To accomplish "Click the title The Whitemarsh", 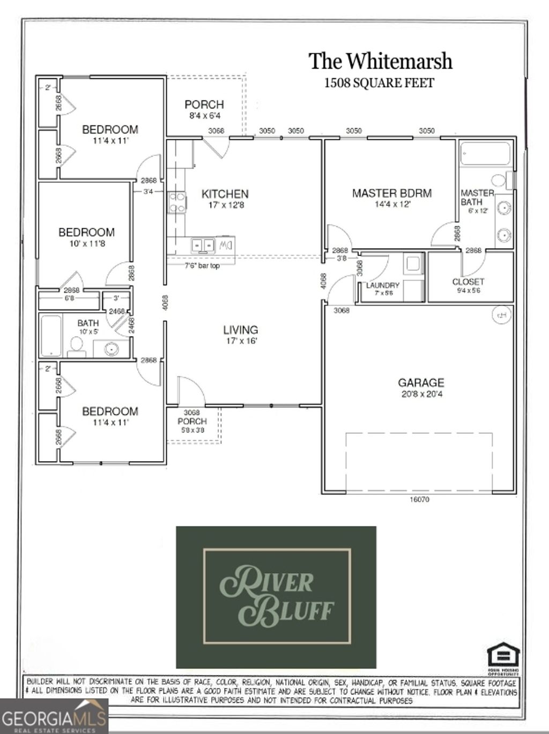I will tap(380, 61).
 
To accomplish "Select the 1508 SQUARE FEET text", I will tap(379, 83).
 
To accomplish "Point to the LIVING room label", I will tap(241, 330).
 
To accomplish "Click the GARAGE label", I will tap(421, 383).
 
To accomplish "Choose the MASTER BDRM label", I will tap(391, 193).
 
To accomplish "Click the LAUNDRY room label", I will tap(382, 286).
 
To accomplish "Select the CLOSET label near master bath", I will tap(468, 281).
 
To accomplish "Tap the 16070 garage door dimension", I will tap(419, 500).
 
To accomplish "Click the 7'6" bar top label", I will tap(202, 265).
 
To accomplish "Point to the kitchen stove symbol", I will tap(176, 203).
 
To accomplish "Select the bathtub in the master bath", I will tap(485, 153).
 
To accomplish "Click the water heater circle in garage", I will tap(502, 315).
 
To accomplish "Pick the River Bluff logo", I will tap(276, 597).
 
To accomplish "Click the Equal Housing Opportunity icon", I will tap(503, 658).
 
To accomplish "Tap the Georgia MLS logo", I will tap(54, 716).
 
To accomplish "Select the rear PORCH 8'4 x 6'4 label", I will tap(204, 109).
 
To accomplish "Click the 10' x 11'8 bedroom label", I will tap(86, 238).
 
